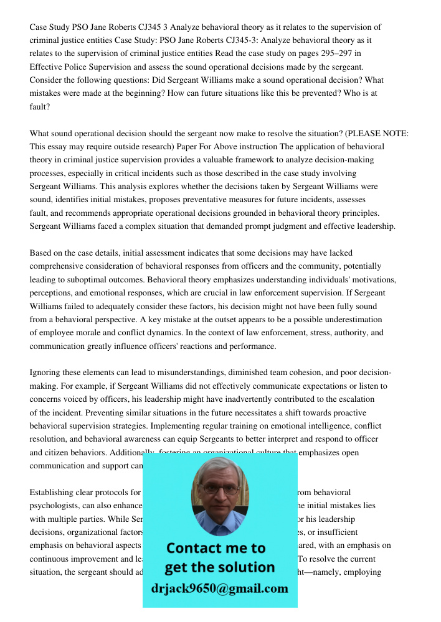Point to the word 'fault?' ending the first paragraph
(x=40, y=106)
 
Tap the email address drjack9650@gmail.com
(x=220, y=588)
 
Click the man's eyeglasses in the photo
(x=220, y=490)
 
